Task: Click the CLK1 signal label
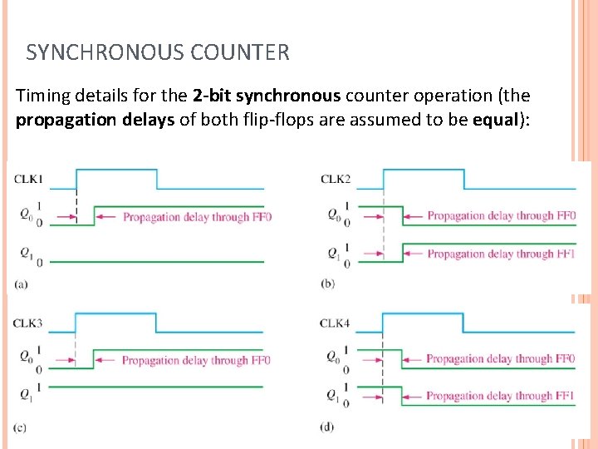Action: click(28, 178)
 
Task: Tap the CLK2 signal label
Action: click(336, 179)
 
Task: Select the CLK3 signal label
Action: click(28, 322)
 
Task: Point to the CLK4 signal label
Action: click(336, 323)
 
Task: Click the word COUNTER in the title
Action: click(240, 53)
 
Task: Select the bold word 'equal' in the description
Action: click(496, 119)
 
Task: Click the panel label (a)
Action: click(21, 284)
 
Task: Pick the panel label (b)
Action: click(327, 284)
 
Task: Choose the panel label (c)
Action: click(20, 427)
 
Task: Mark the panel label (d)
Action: click(327, 427)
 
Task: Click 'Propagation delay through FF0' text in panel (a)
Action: click(197, 217)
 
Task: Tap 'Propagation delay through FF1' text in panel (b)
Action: click(501, 254)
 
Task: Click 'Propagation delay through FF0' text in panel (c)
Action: click(196, 360)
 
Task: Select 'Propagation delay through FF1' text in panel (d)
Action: click(500, 396)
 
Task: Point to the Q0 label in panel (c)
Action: click(26, 356)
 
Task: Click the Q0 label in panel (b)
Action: click(332, 215)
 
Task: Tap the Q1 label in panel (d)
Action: click(332, 394)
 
